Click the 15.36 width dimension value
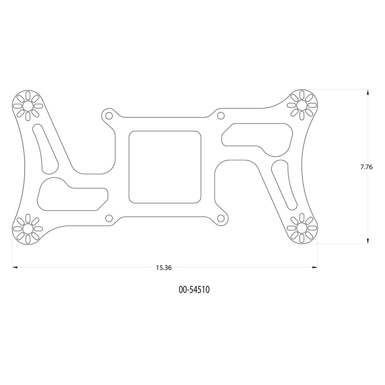tap(164, 268)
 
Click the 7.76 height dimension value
tap(366, 167)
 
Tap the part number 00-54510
tap(194, 290)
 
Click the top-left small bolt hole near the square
tap(109, 115)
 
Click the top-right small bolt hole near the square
tap(221, 115)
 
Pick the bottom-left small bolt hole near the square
tap(109, 218)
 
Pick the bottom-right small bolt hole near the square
tap(221, 218)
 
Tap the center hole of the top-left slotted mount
tap(28, 106)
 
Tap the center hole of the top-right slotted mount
tap(302, 105)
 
